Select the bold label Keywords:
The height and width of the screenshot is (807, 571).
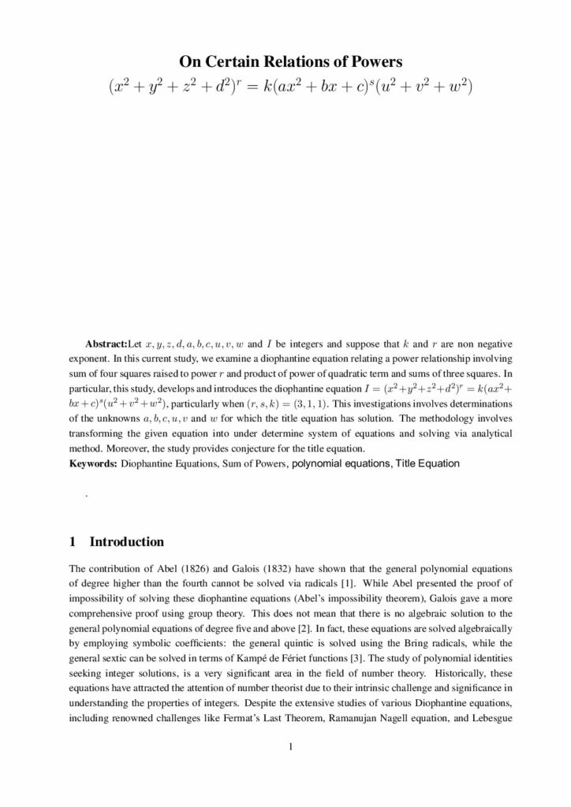[x=93, y=463]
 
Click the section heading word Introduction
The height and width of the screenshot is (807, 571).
[x=127, y=542]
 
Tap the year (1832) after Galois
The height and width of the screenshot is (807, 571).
[x=282, y=568]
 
